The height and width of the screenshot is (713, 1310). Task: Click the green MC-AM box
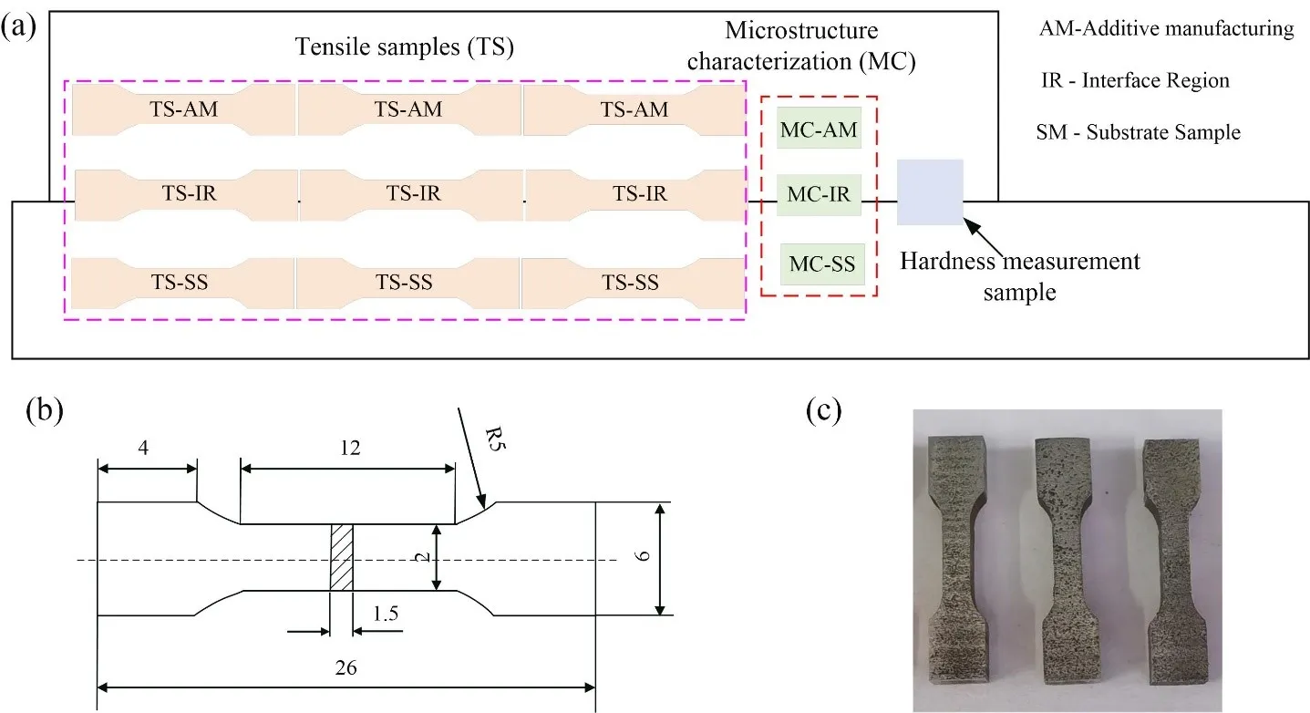click(x=819, y=129)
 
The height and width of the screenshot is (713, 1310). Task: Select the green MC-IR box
click(x=819, y=194)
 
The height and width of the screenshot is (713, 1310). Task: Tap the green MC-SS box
click(x=821, y=263)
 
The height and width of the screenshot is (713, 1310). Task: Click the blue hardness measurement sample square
click(x=930, y=191)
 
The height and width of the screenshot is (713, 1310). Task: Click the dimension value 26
click(x=346, y=666)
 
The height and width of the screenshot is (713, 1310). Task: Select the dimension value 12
click(x=349, y=448)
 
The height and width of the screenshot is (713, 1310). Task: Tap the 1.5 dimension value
click(x=385, y=616)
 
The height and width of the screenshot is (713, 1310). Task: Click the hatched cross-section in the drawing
click(x=340, y=558)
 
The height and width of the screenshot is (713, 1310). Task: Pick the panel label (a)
click(x=19, y=26)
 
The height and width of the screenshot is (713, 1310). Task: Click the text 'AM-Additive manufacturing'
click(x=1166, y=29)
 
